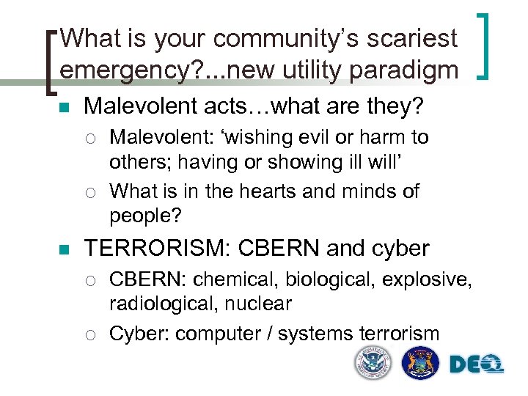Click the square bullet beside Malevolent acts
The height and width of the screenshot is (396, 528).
(x=64, y=108)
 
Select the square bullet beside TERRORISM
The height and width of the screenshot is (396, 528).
(x=64, y=249)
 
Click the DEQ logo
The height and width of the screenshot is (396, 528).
(x=477, y=363)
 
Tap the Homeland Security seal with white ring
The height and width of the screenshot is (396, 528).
(x=373, y=362)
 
